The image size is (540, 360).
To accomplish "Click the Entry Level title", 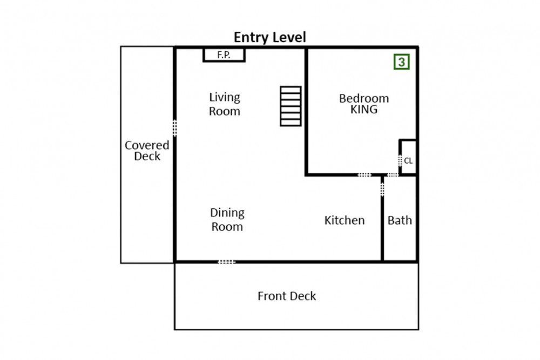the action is click(x=269, y=37).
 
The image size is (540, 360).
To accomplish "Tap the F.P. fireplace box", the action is click(x=224, y=55).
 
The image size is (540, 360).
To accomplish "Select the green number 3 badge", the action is click(x=402, y=62).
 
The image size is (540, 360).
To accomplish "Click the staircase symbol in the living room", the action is click(x=291, y=106).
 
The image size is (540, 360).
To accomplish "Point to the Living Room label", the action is click(x=225, y=104).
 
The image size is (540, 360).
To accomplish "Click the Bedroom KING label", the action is click(x=364, y=104).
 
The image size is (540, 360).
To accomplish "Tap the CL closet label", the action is click(x=408, y=161).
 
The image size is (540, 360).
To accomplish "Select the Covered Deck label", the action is click(x=147, y=151).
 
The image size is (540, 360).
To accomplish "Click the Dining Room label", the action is click(x=227, y=219).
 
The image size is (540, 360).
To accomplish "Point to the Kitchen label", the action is click(x=345, y=220).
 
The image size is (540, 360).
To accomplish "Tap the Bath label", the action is click(x=400, y=220).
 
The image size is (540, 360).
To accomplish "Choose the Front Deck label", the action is click(x=287, y=296).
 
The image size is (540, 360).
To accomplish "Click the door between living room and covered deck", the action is click(x=174, y=128).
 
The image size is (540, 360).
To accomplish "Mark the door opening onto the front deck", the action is click(x=227, y=262).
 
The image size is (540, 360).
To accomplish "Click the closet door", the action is click(x=400, y=161).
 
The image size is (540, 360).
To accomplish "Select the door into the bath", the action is click(x=382, y=189).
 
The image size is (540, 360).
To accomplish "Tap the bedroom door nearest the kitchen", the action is click(x=364, y=175).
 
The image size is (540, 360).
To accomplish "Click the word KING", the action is click(x=364, y=110).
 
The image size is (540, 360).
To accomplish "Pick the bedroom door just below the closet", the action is click(x=393, y=175).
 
